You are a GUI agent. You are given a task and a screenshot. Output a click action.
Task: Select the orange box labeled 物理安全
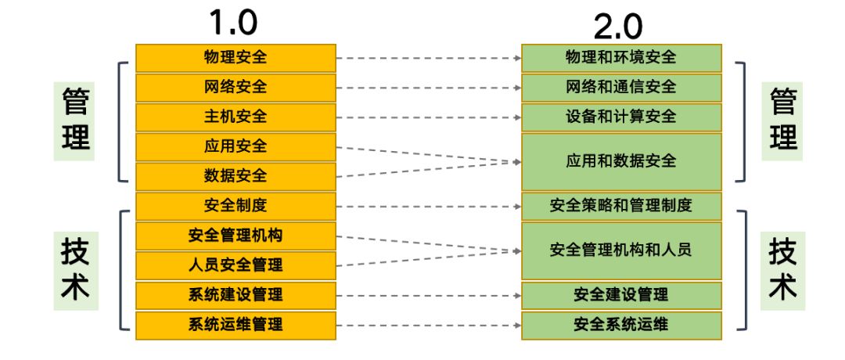point(236,57)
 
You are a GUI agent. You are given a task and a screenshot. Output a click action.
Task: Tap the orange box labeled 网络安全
point(236,87)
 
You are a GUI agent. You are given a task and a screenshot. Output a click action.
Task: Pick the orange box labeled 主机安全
point(236,117)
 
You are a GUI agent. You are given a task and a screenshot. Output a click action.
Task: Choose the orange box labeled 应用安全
point(236,146)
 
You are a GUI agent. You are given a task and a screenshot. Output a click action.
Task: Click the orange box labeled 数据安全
point(236,176)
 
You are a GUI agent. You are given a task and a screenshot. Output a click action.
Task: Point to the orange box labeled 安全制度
point(236,206)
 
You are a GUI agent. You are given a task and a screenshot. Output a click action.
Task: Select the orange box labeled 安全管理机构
point(236,236)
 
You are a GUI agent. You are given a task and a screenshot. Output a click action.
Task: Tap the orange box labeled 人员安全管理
point(236,265)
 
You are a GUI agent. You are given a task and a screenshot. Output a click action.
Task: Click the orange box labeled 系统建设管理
point(236,295)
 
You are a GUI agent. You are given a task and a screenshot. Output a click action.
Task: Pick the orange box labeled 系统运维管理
point(236,325)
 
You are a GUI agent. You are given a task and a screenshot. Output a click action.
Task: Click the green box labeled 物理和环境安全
point(621,57)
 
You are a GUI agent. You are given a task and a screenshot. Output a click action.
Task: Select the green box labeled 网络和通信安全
point(621,87)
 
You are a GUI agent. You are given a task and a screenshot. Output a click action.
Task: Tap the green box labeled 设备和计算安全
point(621,117)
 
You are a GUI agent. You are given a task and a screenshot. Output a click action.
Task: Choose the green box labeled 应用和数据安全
point(621,161)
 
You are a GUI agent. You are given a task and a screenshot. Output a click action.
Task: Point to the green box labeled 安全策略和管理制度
point(621,206)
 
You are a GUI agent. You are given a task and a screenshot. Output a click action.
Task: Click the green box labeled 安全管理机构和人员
point(621,250)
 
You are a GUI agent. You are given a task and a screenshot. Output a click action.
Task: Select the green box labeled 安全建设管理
point(621,295)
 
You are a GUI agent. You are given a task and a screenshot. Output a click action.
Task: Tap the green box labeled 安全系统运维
point(621,325)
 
